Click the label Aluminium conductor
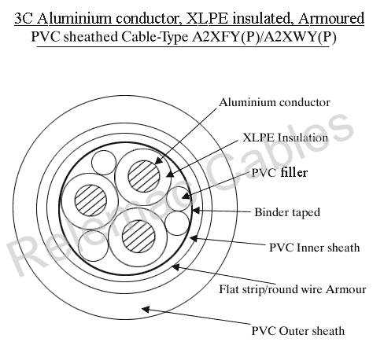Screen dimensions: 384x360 [275, 102]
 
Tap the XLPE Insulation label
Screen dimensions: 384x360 [286, 138]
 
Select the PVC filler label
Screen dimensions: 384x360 [279, 173]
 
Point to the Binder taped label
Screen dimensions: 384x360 [287, 212]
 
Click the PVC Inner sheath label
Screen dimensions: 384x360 [314, 248]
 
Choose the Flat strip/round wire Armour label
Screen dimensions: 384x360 [293, 289]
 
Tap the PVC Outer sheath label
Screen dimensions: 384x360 [298, 331]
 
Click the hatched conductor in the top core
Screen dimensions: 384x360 [144, 176]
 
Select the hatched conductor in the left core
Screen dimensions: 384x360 [90, 200]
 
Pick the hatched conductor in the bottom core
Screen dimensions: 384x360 [138, 236]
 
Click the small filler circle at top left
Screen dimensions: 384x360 [104, 163]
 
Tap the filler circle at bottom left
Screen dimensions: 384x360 [94, 246]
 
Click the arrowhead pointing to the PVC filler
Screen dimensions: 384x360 [185, 196]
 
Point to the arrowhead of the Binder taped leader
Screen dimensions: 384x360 [196, 210]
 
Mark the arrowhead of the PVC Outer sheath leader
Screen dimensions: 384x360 [146, 310]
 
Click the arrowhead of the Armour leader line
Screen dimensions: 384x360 [175, 267]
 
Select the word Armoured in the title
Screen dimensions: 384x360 [331, 19]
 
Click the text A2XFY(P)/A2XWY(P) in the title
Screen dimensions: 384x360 [264, 37]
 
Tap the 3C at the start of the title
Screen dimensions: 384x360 [24, 19]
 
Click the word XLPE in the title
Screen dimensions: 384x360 [207, 19]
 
